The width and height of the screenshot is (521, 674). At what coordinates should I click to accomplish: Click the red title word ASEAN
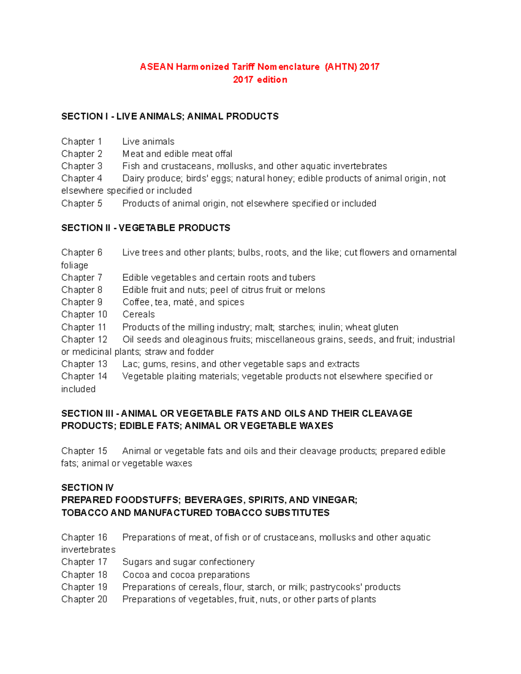click(x=156, y=67)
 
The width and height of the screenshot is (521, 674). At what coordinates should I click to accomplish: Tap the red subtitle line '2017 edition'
click(x=260, y=80)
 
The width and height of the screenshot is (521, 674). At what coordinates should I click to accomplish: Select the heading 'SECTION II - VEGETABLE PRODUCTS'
click(x=145, y=228)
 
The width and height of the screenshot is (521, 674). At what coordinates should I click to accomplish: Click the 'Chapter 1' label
click(x=82, y=141)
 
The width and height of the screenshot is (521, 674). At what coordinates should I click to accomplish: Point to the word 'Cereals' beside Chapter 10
click(x=138, y=314)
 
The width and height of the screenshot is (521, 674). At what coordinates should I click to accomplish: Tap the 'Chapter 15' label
click(x=84, y=451)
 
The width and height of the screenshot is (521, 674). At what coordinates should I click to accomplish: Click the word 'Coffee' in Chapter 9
click(x=136, y=302)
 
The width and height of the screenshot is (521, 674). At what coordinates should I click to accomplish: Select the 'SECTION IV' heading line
click(x=87, y=487)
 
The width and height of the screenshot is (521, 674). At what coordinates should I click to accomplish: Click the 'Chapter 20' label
click(x=84, y=599)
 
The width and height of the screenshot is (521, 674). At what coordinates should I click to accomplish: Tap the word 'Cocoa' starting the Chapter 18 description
click(x=136, y=575)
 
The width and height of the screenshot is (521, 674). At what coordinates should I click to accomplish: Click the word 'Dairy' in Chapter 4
click(x=133, y=178)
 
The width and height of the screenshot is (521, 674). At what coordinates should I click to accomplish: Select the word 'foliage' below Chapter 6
click(x=75, y=265)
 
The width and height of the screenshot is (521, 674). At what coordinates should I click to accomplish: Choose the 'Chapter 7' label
click(x=82, y=277)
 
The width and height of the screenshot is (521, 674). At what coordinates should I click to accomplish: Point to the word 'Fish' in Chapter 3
click(x=131, y=166)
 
